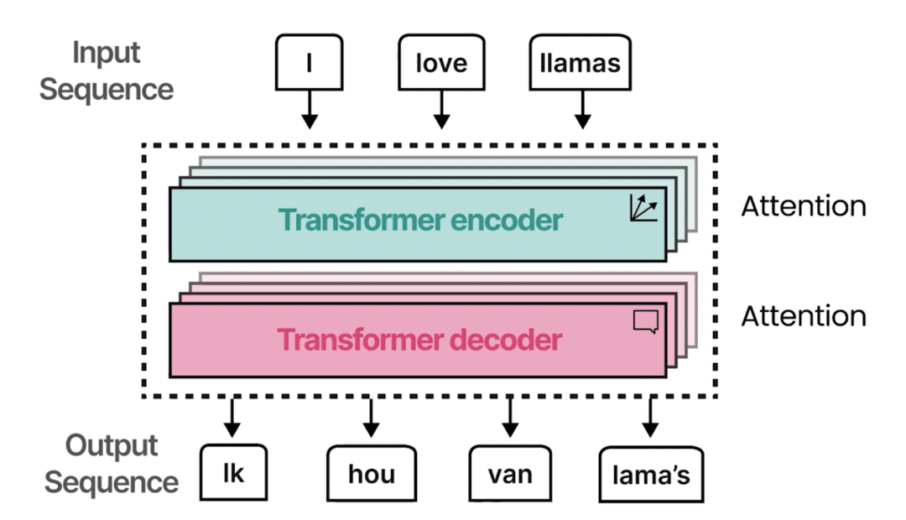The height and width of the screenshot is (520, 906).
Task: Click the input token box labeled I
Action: (x=309, y=62)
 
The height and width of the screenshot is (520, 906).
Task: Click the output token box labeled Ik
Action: (x=233, y=473)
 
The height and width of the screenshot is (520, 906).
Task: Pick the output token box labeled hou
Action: (x=370, y=475)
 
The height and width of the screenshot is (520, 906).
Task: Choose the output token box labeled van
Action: (x=510, y=475)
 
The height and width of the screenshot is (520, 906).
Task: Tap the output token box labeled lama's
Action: (x=650, y=476)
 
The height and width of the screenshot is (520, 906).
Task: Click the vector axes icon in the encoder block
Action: (x=643, y=207)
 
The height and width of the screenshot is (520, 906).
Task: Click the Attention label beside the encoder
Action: (x=803, y=205)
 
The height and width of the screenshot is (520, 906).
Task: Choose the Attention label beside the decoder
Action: (x=803, y=315)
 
